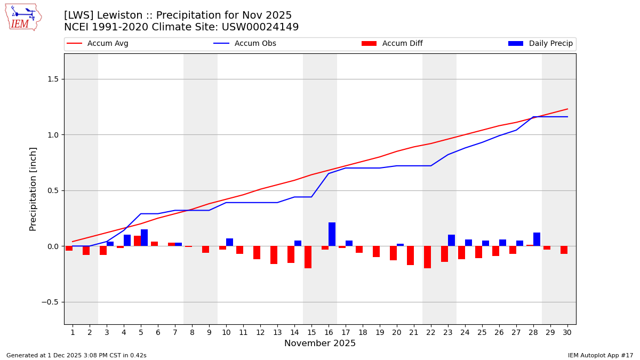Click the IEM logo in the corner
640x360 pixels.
click(x=23, y=17)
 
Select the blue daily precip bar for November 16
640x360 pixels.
click(x=332, y=234)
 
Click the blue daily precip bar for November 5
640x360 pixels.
click(x=144, y=238)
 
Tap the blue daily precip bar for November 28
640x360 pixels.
click(x=537, y=239)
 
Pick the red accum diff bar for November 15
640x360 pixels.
click(x=308, y=257)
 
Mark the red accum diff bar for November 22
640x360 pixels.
click(x=427, y=257)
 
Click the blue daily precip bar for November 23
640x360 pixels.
click(x=451, y=241)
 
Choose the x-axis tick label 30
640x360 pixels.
click(x=567, y=333)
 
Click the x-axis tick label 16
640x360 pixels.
click(x=329, y=333)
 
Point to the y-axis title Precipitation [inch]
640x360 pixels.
click(x=33, y=189)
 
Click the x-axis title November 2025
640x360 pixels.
click(x=320, y=343)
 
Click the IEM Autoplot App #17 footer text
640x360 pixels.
click(x=601, y=355)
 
